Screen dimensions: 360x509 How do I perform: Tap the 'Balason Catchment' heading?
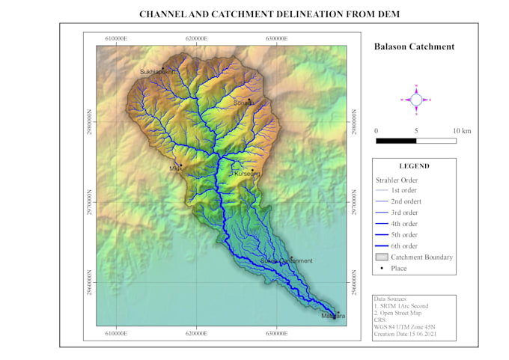pos(414,47)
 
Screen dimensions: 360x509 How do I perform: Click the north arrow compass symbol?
pos(417,99)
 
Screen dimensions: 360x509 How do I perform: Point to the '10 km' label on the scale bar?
pos(462,131)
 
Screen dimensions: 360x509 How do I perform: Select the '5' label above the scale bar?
pos(416,131)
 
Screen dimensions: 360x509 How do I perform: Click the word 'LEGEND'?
pos(414,166)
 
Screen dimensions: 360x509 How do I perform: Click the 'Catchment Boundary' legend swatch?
pos(381,257)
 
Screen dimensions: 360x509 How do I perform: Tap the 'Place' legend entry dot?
pos(381,268)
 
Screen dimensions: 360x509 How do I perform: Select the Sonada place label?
pos(243,103)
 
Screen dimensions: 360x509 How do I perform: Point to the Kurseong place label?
pos(246,174)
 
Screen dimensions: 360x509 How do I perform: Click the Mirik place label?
pos(176,169)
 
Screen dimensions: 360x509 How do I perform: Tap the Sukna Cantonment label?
pos(286,260)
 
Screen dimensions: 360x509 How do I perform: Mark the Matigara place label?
pos(333,317)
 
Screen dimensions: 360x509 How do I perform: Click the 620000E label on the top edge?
pos(197,38)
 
